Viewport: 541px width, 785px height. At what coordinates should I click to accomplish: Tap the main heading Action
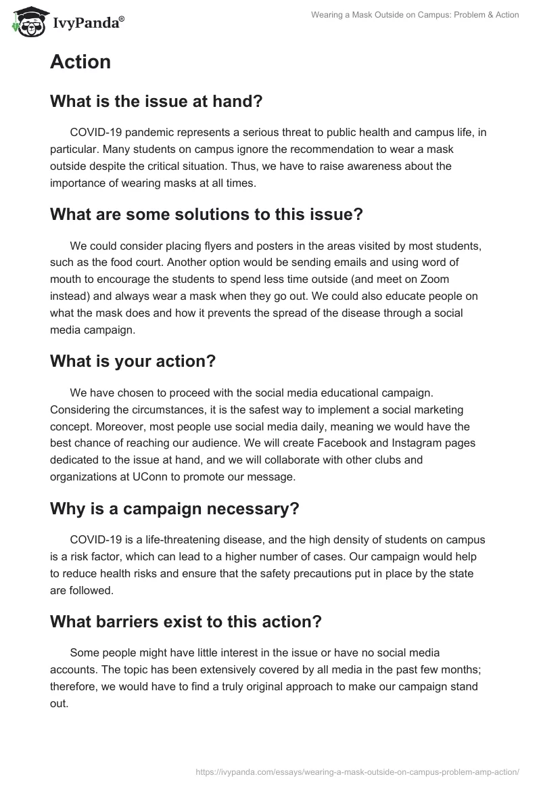(80, 62)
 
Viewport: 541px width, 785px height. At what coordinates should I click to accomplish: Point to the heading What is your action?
(133, 361)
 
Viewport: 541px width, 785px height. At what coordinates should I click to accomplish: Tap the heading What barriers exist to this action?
(186, 622)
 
